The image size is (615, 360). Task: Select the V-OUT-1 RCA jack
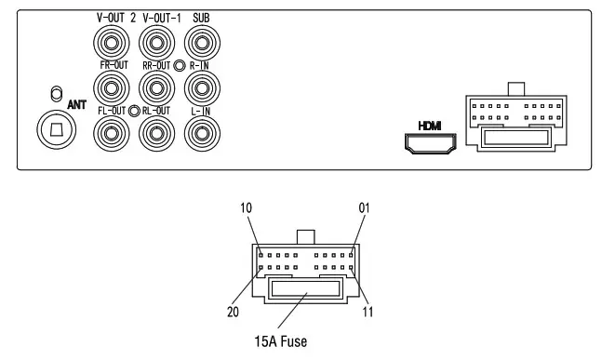155,43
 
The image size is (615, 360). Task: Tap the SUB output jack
201,43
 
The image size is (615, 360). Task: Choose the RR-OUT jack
155,88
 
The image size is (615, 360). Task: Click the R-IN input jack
201,88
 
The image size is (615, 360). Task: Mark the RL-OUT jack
155,134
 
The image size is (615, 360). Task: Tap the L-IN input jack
201,134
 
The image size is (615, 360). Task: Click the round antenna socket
56,130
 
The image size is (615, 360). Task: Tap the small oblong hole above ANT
56,93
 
